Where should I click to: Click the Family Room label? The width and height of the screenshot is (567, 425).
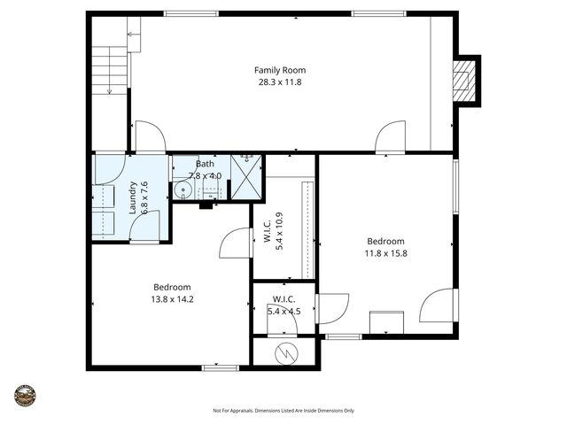[x=273, y=70]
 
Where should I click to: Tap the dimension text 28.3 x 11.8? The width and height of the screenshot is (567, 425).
[x=273, y=81]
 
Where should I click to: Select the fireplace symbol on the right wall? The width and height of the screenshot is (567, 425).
[x=463, y=81]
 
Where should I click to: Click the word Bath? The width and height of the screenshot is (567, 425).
[x=205, y=164]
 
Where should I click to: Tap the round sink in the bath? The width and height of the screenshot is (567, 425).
[x=183, y=189]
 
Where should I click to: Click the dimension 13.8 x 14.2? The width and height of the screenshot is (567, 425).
[x=171, y=299]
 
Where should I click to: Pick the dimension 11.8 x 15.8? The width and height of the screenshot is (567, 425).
[x=385, y=253]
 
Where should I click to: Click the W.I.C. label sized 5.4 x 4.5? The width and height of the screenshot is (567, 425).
[x=283, y=298]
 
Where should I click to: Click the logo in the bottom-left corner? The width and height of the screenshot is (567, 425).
[x=25, y=395]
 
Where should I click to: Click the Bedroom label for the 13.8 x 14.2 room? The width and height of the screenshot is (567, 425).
[x=171, y=287]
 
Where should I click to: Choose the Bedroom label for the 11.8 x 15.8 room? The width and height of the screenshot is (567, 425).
[x=385, y=241]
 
